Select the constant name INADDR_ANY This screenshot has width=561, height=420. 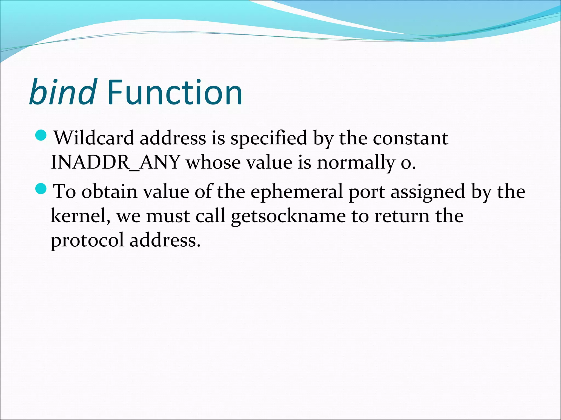pos(115,162)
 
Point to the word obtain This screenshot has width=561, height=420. pos(110,191)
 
